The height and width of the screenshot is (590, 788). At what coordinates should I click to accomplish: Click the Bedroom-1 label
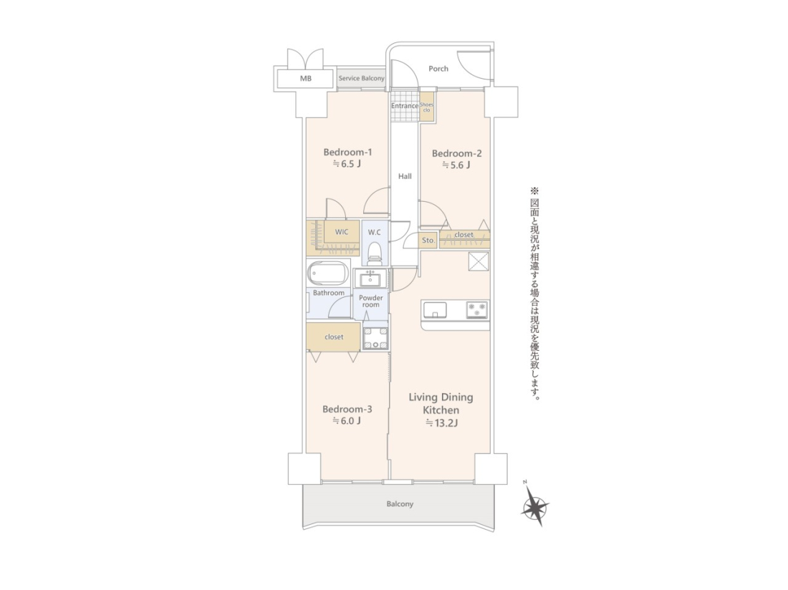(347, 152)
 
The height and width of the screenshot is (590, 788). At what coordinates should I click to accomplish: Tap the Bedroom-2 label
(457, 154)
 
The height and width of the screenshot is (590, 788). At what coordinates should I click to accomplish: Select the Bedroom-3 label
(347, 410)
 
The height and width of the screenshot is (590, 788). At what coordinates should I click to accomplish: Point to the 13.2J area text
(442, 422)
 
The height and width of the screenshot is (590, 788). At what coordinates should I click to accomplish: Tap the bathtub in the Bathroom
(327, 274)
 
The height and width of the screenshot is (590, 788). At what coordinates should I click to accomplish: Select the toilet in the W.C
(375, 253)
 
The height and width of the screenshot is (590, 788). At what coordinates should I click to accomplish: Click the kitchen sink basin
(436, 310)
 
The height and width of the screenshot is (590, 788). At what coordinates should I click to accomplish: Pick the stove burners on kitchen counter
(476, 310)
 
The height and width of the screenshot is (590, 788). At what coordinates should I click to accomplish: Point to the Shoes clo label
(427, 107)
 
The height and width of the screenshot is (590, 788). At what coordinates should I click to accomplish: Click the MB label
(306, 78)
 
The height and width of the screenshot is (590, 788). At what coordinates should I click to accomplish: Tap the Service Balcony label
(361, 78)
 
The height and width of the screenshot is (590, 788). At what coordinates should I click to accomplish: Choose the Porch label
(438, 69)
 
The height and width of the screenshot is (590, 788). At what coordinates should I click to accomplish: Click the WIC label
(342, 232)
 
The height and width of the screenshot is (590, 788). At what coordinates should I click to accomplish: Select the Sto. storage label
(428, 241)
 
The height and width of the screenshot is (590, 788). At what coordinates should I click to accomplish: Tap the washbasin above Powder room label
(371, 278)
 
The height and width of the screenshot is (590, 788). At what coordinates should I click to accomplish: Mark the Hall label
(405, 176)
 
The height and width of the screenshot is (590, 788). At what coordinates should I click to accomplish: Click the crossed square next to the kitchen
(479, 261)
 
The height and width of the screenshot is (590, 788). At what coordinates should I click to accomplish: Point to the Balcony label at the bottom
(400, 504)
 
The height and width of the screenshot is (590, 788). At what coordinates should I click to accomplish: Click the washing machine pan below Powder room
(375, 338)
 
